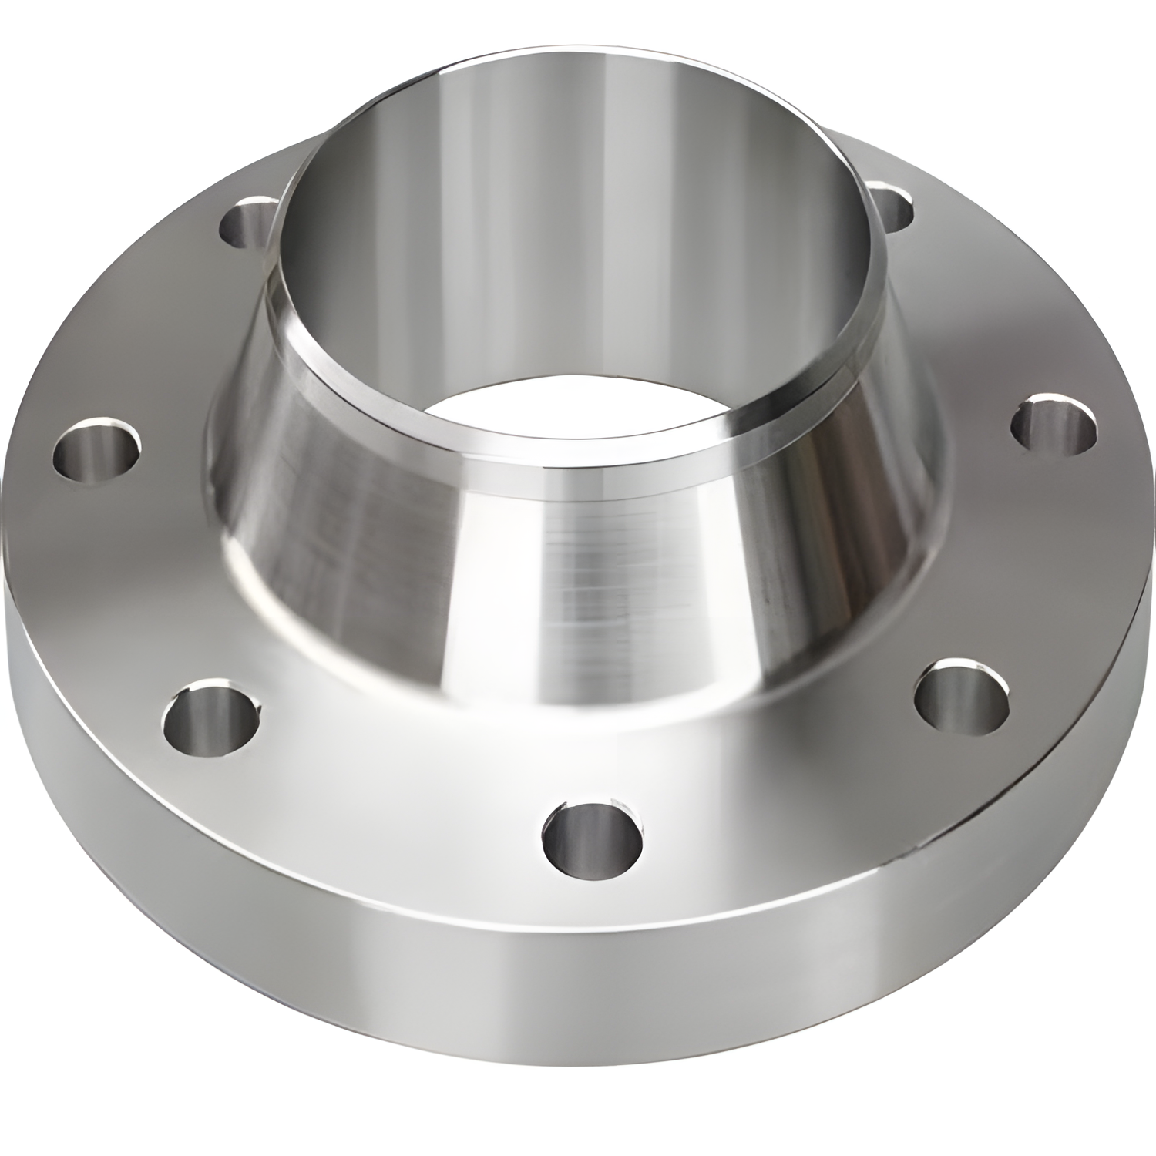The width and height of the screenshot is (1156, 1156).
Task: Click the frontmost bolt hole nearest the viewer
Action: pos(592,837)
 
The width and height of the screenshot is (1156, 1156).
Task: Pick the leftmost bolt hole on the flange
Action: pos(97,449)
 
